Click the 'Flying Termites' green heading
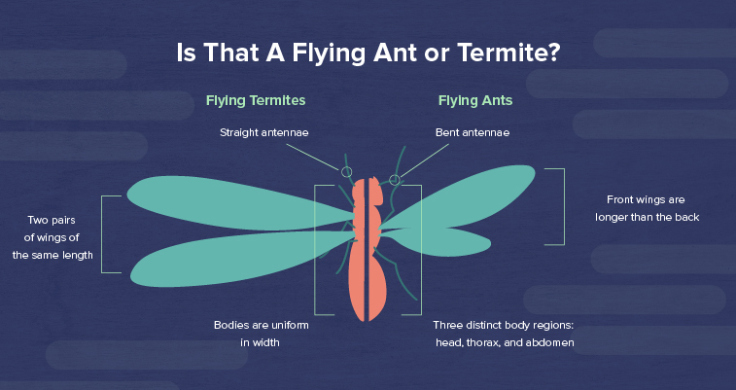256,101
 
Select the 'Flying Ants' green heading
475,101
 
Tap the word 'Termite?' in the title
508,53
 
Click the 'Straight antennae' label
264,133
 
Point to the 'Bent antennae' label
473,133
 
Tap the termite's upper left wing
234,204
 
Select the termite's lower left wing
234,258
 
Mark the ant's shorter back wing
441,241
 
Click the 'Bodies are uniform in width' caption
261,334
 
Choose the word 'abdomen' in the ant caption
549,342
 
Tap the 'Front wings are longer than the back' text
647,208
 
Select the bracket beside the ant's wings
564,206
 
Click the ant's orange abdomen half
377,286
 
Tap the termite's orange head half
359,190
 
